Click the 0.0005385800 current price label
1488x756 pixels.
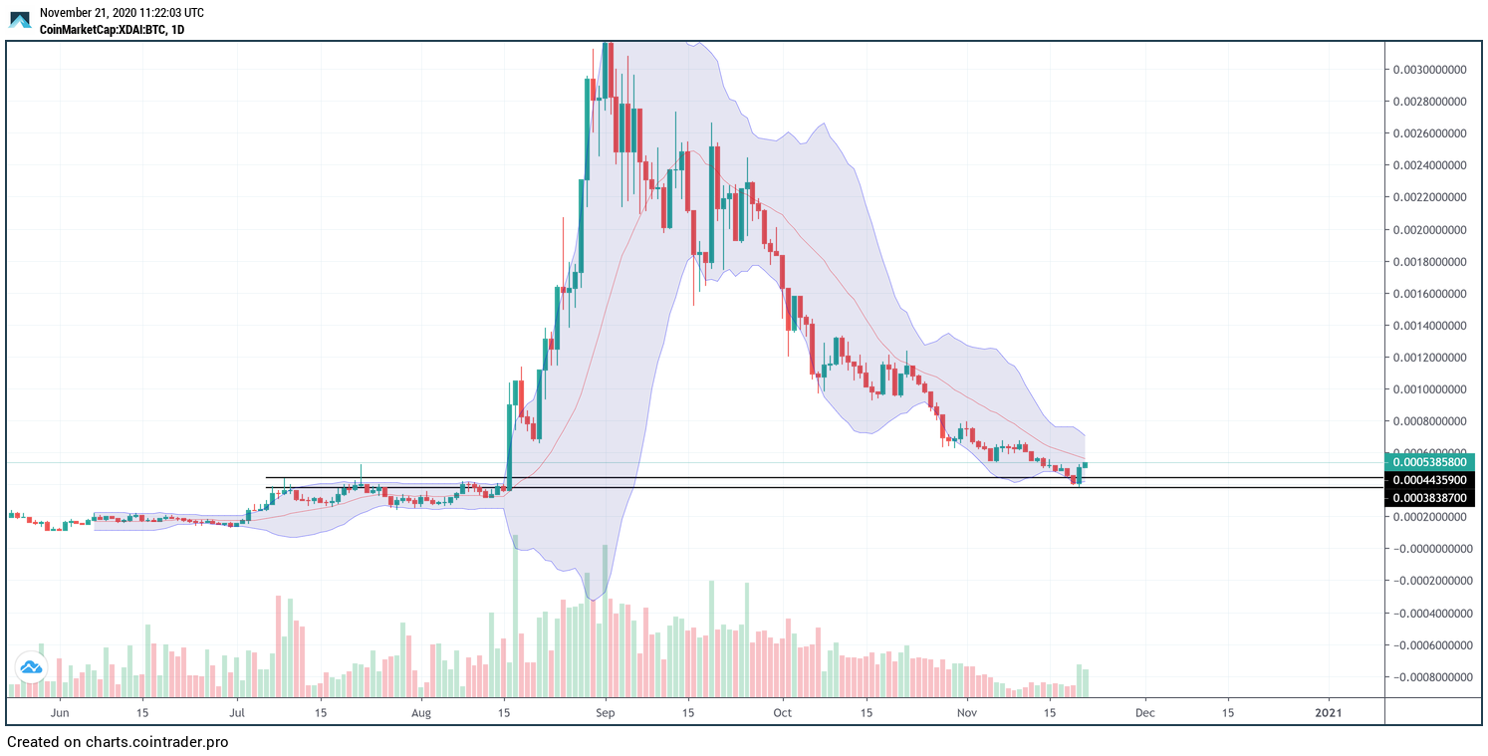(1429, 462)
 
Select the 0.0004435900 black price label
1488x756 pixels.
(1429, 480)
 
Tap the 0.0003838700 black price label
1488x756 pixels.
(1429, 497)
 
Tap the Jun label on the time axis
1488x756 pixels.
(60, 713)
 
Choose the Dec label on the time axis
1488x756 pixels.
(1145, 713)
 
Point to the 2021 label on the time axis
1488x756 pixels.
(1328, 713)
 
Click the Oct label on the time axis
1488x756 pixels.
(783, 713)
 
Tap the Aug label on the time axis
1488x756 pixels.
(421, 713)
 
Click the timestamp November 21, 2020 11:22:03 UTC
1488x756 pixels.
(122, 13)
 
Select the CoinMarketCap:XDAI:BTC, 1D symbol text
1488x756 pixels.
(112, 30)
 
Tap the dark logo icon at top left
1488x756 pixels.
(20, 20)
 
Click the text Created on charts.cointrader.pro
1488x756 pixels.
(118, 742)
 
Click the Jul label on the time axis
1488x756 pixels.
(237, 713)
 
